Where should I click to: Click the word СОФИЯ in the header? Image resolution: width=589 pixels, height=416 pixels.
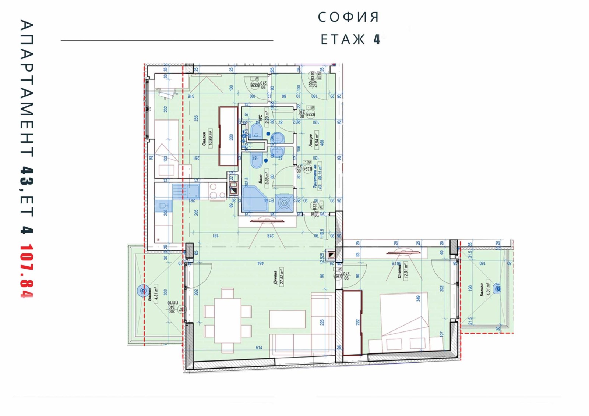click(348, 17)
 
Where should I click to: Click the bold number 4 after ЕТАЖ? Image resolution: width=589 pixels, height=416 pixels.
click(377, 39)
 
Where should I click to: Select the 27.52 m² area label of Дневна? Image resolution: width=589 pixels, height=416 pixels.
click(282, 276)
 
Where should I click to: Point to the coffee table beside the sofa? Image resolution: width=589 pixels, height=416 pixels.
click(287, 319)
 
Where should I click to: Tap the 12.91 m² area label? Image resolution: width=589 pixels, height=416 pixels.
click(406, 271)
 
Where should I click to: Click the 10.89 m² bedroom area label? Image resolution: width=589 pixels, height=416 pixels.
click(211, 138)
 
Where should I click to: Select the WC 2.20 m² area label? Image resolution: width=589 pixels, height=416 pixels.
click(268, 118)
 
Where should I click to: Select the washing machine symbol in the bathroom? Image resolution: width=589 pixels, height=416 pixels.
click(284, 203)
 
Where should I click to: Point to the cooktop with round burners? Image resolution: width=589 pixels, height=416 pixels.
click(217, 191)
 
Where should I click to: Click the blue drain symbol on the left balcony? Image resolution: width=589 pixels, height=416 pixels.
click(143, 291)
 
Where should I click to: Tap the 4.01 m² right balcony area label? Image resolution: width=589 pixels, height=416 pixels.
click(488, 290)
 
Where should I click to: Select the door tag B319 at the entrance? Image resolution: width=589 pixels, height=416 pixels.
click(313, 76)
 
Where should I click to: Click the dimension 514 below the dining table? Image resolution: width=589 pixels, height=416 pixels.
click(259, 348)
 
